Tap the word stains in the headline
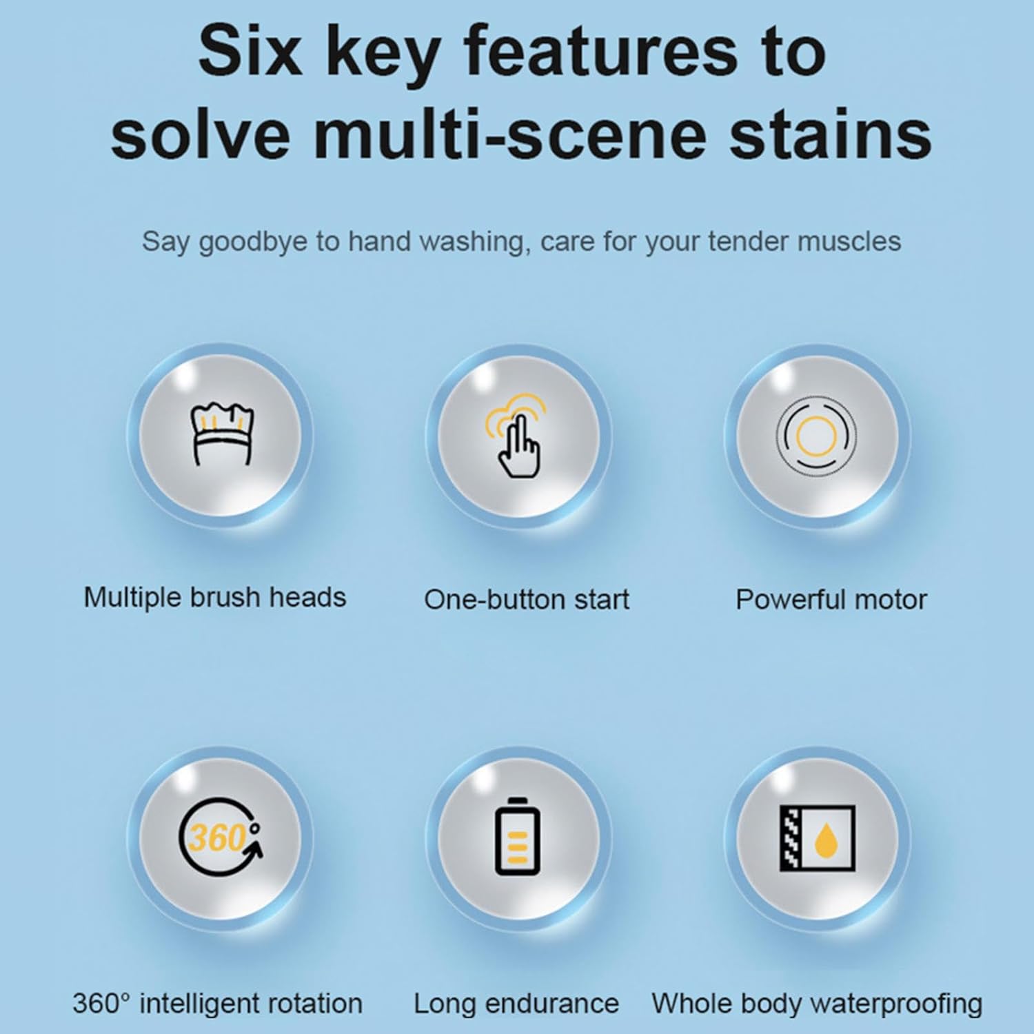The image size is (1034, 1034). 831,133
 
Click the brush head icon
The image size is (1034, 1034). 221,434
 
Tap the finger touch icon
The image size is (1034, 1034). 516,435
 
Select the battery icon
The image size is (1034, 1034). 517,836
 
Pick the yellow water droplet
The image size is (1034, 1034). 824,841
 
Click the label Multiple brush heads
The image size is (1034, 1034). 214,598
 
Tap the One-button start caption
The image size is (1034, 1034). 527,600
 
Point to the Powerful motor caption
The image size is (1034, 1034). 831,600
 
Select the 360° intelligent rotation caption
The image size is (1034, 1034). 217,1004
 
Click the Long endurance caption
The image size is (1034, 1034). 516,1004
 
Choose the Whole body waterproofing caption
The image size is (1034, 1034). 817,1004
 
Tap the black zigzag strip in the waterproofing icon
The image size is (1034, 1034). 789,838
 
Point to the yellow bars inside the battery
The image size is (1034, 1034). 517,847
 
